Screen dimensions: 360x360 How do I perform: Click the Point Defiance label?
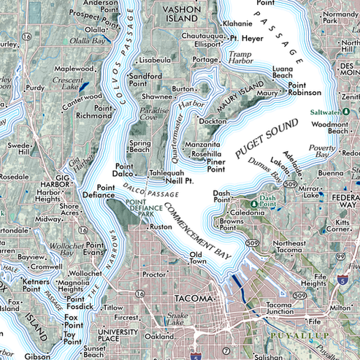point(99,191)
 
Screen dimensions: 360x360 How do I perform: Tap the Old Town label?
point(196,257)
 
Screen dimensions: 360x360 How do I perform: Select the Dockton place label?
point(212,121)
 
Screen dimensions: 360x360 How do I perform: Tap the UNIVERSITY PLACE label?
point(117,334)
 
